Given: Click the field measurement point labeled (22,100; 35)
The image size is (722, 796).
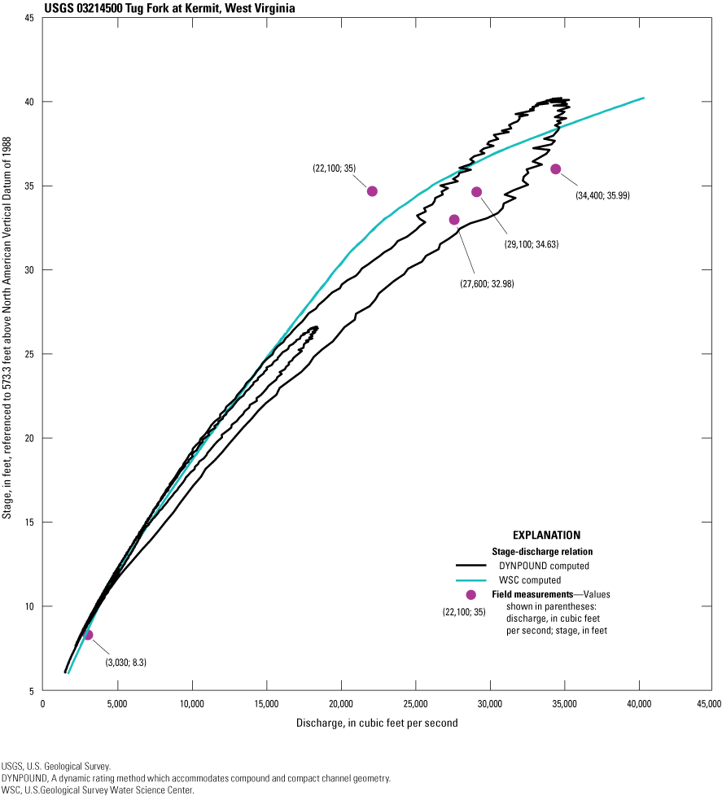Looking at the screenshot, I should coord(372,191).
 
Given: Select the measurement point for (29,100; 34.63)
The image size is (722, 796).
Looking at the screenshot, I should coord(477,192).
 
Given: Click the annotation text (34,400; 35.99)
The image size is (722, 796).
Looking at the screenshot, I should coord(603,195).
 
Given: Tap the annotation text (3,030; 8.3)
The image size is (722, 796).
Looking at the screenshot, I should coord(126,663).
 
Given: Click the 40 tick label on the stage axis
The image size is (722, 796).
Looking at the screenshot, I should coord(28,102).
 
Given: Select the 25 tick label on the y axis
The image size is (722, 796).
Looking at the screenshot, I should coord(28,354).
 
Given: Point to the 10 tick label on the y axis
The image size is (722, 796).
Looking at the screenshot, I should coord(28,606).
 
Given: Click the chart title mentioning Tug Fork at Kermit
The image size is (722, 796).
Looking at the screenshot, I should coord(149,8).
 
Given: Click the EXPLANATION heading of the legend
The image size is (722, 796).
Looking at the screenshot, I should coord(546,536).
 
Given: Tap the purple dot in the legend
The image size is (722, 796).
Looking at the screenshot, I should coord(470,595).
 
